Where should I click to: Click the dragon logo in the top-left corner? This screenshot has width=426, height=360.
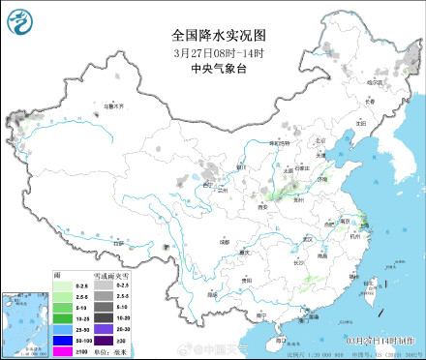pos(20,20)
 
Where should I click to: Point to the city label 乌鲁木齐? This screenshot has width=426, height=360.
pos(115,107)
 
